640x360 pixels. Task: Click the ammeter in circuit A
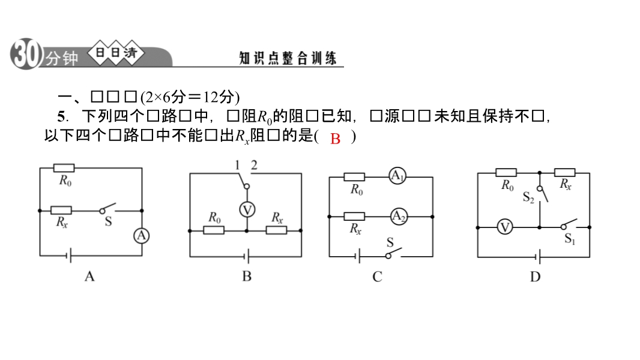click(x=141, y=236)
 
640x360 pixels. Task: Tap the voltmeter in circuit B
click(x=247, y=209)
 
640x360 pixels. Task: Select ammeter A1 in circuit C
click(x=397, y=176)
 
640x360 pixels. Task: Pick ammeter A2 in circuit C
click(x=398, y=216)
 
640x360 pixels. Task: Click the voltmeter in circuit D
click(x=506, y=227)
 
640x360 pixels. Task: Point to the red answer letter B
click(x=336, y=139)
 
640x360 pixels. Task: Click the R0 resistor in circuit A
click(x=64, y=168)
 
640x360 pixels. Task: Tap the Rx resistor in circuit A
click(x=61, y=211)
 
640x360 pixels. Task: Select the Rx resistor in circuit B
click(x=277, y=230)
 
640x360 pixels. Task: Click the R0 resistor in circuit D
click(x=507, y=173)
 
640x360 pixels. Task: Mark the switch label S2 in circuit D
click(x=528, y=197)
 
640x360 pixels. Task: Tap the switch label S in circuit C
click(x=390, y=242)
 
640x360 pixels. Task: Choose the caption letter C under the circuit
click(x=377, y=277)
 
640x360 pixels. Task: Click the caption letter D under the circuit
click(x=535, y=277)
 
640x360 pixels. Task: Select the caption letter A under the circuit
click(x=89, y=277)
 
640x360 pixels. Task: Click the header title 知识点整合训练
click(x=288, y=58)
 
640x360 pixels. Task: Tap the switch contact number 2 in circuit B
click(x=254, y=165)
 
